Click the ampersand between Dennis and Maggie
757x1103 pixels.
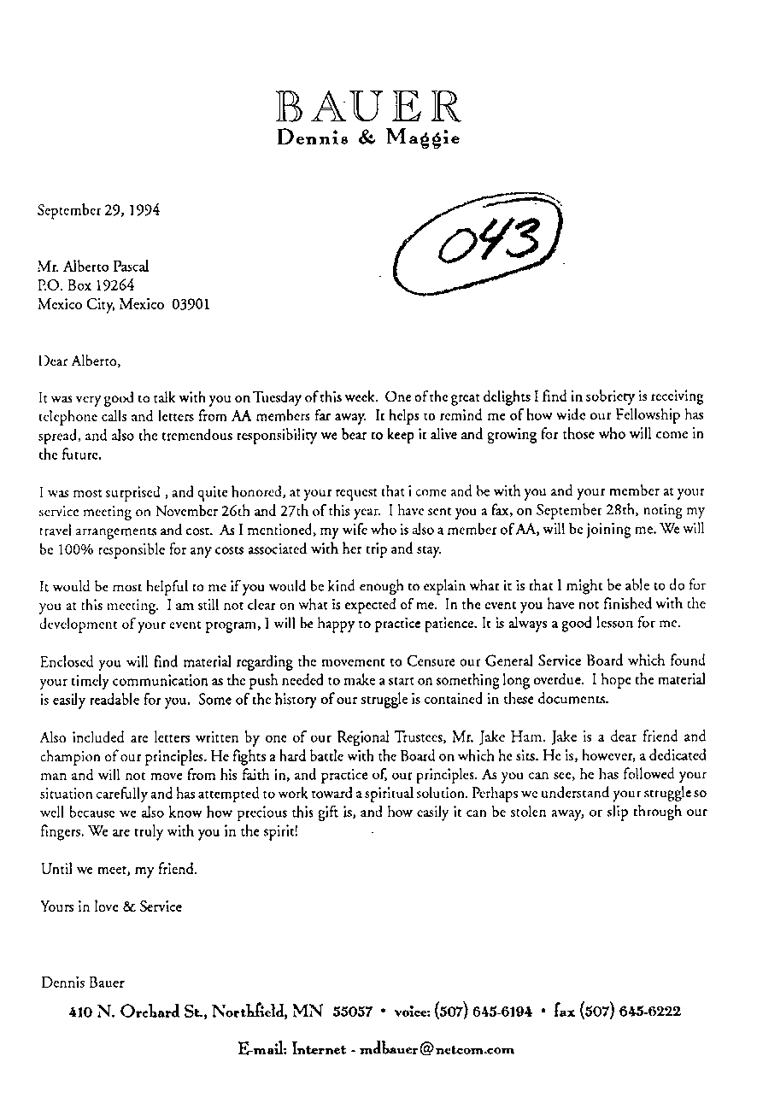tap(364, 138)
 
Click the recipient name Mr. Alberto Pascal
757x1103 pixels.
tap(93, 267)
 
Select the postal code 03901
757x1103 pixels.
tap(191, 304)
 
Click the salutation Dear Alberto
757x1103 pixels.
tap(79, 361)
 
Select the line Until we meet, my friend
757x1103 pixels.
tap(119, 870)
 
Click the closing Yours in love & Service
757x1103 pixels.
tap(111, 906)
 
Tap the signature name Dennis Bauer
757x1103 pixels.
tap(83, 983)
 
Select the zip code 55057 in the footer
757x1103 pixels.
tap(353, 1012)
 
